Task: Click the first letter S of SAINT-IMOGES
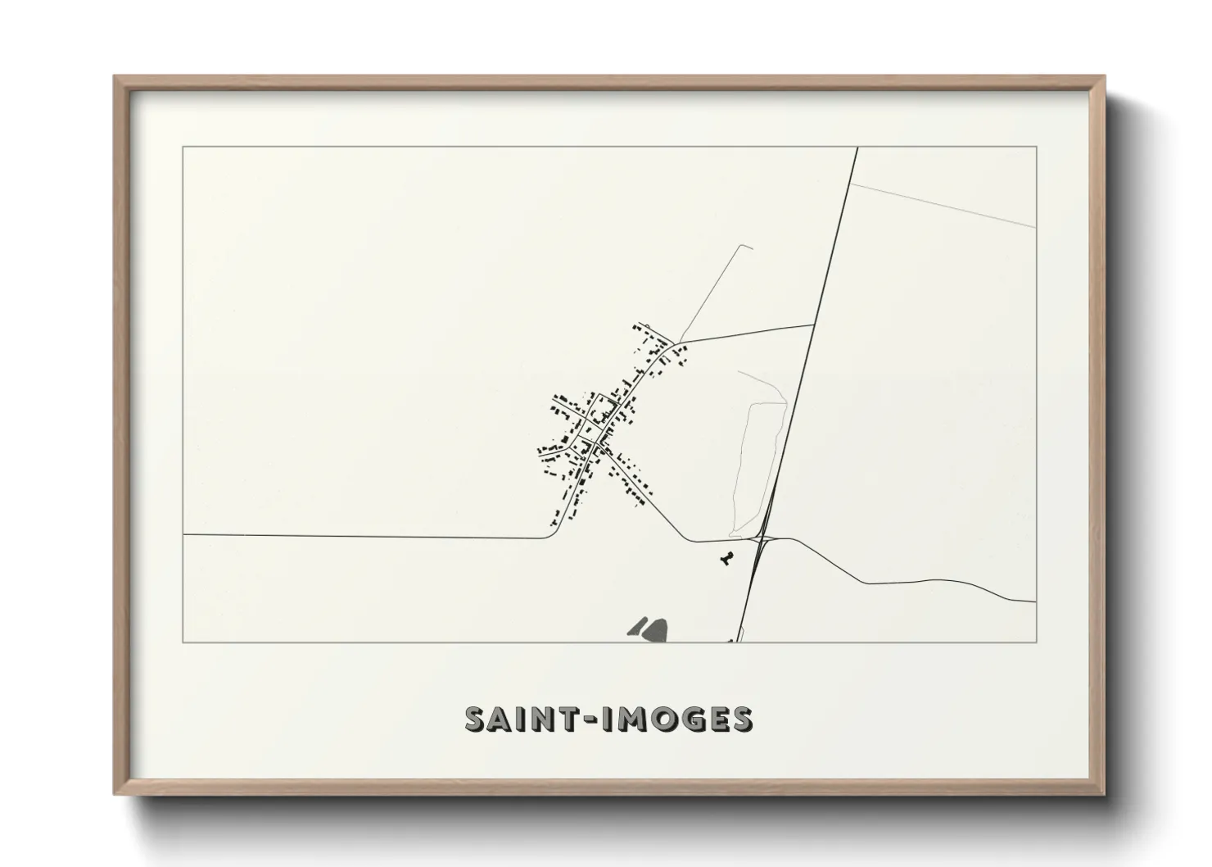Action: pyautogui.click(x=477, y=719)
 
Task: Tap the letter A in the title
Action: pyautogui.click(x=504, y=719)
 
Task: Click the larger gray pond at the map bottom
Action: pyautogui.click(x=654, y=629)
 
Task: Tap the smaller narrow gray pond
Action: pyautogui.click(x=635, y=627)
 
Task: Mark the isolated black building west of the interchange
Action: pyautogui.click(x=724, y=559)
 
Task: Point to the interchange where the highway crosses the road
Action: pyautogui.click(x=762, y=538)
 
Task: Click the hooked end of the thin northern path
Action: pyautogui.click(x=746, y=246)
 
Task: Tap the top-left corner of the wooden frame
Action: pyautogui.click(x=115, y=78)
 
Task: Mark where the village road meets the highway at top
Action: pyautogui.click(x=812, y=325)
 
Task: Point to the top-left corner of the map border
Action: pyautogui.click(x=183, y=148)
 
